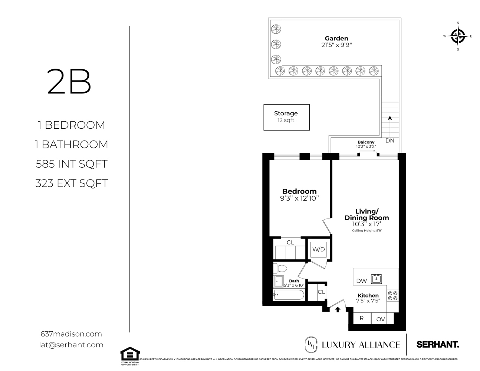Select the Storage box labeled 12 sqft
(286, 117)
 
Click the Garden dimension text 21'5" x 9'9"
(336, 45)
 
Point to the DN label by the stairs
(389, 141)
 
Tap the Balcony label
(366, 142)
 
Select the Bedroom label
(299, 191)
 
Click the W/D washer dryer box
(318, 249)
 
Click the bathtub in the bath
(289, 295)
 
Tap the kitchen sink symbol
(376, 278)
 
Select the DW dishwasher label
(361, 281)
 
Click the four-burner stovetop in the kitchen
(392, 295)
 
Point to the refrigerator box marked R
(361, 318)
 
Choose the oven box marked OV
(381, 319)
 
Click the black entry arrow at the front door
(338, 309)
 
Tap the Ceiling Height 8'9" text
(367, 230)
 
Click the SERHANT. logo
(438, 344)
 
